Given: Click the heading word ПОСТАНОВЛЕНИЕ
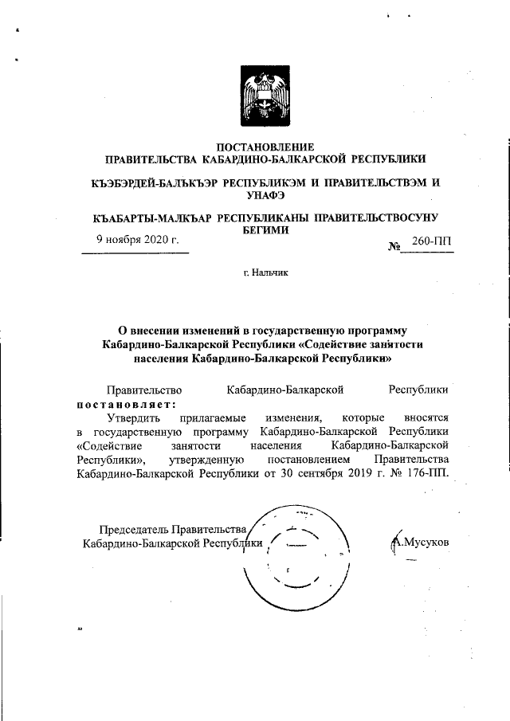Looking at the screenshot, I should (x=266, y=146).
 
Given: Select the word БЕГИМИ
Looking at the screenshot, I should (x=265, y=229).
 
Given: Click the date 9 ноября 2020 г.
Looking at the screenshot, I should (x=137, y=239).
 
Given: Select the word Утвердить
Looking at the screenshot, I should (x=136, y=417).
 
